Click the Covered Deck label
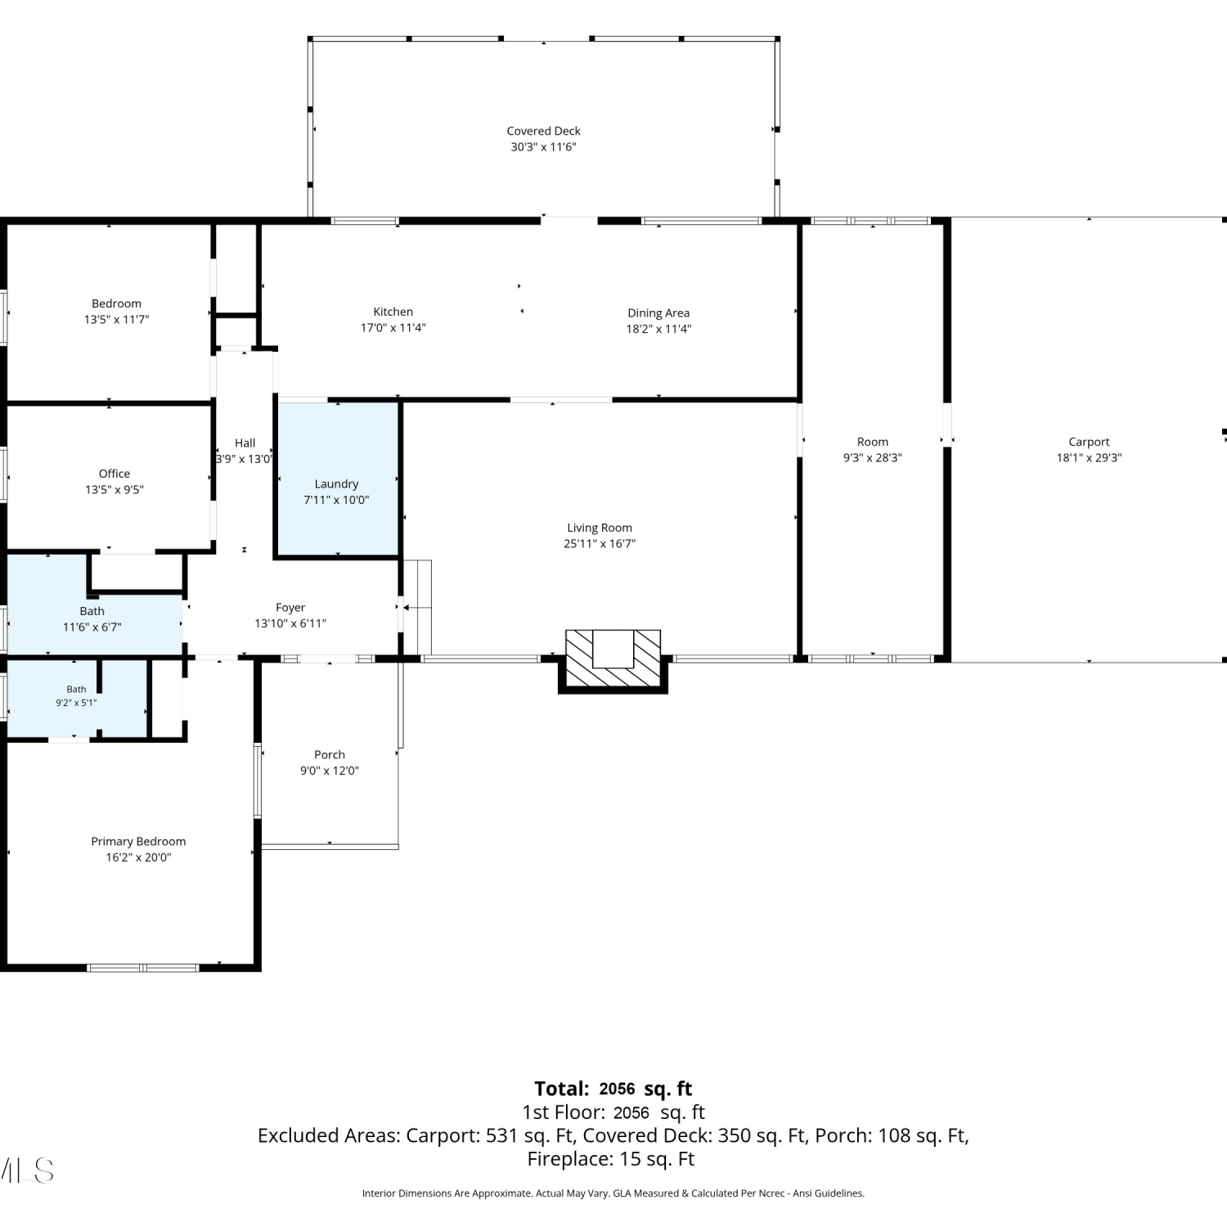click(x=543, y=131)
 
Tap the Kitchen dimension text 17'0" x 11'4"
click(x=393, y=328)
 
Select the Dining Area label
click(x=658, y=313)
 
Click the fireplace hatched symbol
click(x=613, y=659)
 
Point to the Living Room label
click(x=600, y=528)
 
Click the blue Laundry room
click(x=337, y=479)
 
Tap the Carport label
click(x=1089, y=442)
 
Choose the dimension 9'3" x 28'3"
click(x=873, y=458)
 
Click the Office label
click(x=115, y=474)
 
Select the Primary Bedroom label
click(x=138, y=842)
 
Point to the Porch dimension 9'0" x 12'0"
click(x=330, y=771)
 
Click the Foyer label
click(x=290, y=608)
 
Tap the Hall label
click(x=245, y=443)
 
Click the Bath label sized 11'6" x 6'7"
click(x=92, y=611)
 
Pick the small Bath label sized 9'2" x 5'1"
click(x=76, y=690)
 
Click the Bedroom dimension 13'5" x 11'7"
click(x=116, y=320)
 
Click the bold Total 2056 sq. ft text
click(x=613, y=1089)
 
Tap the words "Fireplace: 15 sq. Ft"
click(x=611, y=1159)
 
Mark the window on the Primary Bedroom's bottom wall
click(x=143, y=968)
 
